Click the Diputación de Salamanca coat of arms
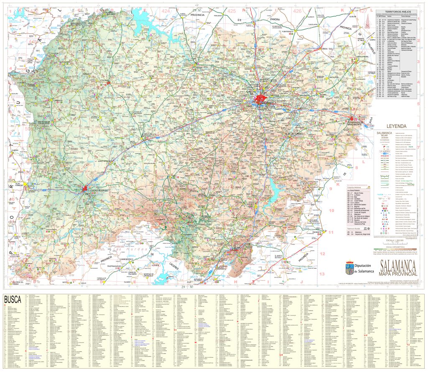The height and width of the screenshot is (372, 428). coord(349,268)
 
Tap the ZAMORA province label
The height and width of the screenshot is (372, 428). coord(275,19)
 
